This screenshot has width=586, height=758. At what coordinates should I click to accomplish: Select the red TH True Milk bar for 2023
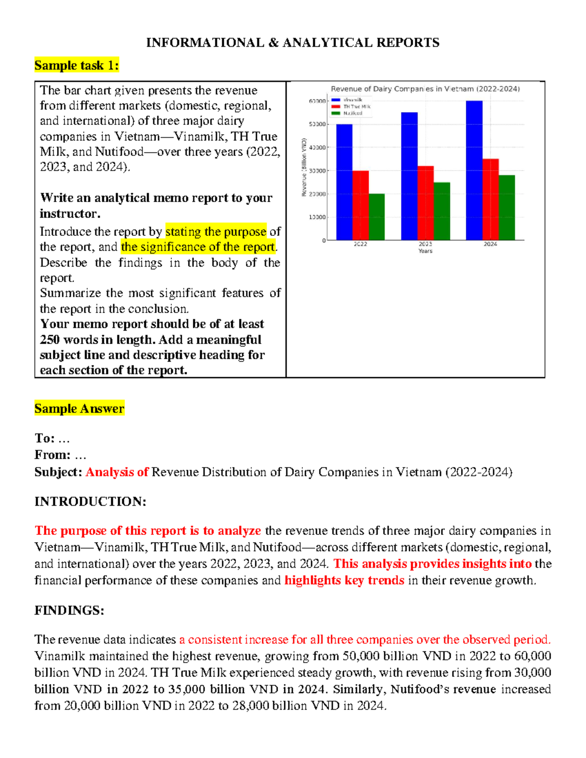(425, 203)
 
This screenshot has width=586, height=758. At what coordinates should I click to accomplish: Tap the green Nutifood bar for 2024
(506, 207)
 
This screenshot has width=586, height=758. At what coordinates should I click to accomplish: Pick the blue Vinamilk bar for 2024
(474, 170)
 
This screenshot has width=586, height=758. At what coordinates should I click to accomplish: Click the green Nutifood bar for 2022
(377, 217)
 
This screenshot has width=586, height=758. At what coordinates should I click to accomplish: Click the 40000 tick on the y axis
(317, 147)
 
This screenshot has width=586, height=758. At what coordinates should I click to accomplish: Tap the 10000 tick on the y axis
(317, 217)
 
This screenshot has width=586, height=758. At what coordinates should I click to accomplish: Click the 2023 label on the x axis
(425, 244)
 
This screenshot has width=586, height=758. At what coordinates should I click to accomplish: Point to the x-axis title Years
(425, 251)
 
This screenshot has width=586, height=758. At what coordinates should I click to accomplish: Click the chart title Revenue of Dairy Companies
(425, 89)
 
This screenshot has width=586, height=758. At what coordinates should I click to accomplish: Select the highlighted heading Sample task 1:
(77, 65)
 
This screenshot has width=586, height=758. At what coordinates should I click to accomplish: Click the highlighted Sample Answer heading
(79, 409)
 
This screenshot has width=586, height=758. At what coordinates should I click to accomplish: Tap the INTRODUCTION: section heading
(90, 502)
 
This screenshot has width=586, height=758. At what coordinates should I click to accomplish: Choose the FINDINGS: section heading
(69, 611)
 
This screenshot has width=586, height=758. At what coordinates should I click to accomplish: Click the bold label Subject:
(58, 472)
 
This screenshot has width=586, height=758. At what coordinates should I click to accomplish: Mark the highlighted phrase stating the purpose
(216, 231)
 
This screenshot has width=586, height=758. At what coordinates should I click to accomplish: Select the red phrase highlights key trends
(344, 580)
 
